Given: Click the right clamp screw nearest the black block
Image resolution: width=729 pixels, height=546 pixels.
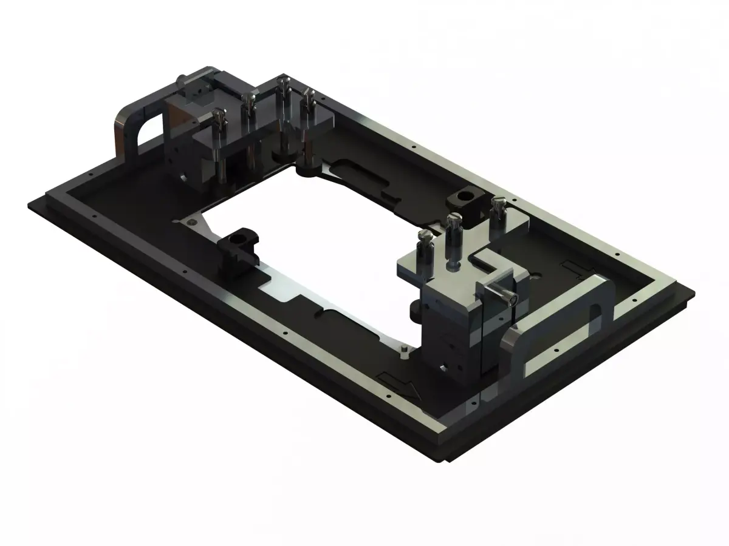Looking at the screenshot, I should click(498, 212).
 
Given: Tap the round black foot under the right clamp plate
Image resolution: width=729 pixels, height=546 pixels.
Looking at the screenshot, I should click(418, 309).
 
